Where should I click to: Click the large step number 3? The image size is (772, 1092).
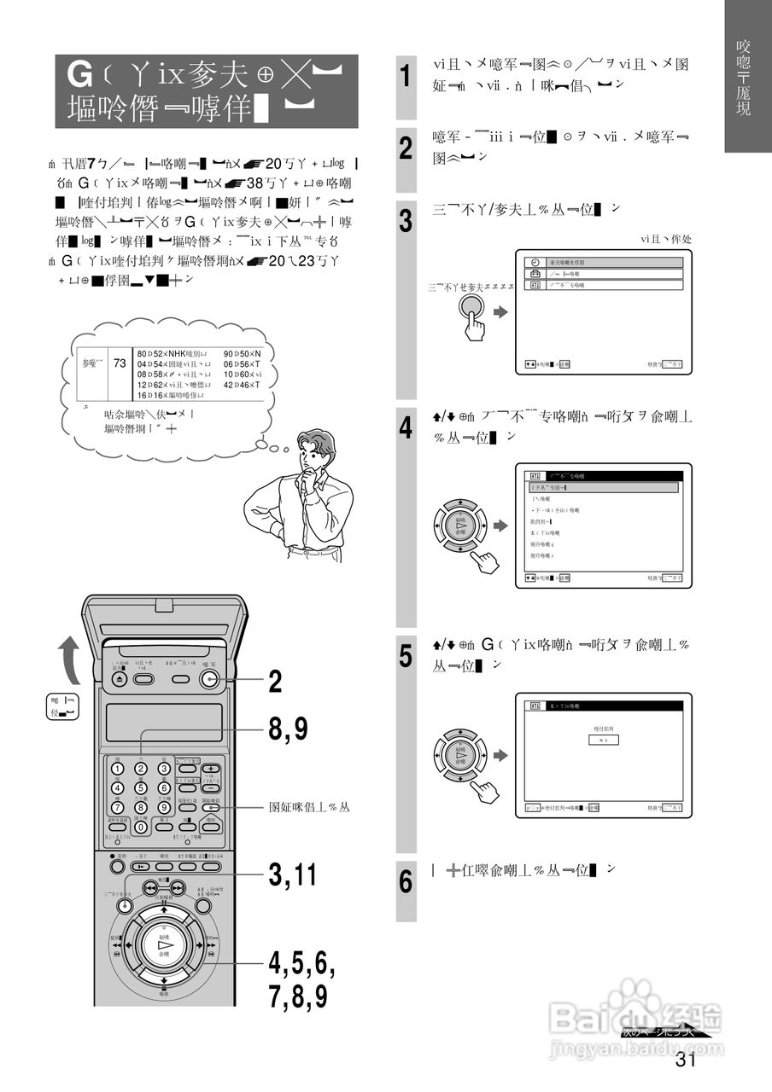tap(407, 221)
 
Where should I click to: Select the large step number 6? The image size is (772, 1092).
tap(407, 881)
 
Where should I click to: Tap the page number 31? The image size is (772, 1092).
tap(686, 1060)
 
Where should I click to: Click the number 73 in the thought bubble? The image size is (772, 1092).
tap(120, 363)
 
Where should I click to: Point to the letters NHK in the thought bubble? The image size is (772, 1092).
tap(176, 352)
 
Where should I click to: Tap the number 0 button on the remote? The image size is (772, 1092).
tap(141, 826)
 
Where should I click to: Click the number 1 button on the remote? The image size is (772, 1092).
tap(118, 770)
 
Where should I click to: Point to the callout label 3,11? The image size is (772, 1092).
tap(293, 874)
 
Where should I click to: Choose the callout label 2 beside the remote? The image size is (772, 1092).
tap(275, 681)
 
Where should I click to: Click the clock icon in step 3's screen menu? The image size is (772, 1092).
tap(535, 263)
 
